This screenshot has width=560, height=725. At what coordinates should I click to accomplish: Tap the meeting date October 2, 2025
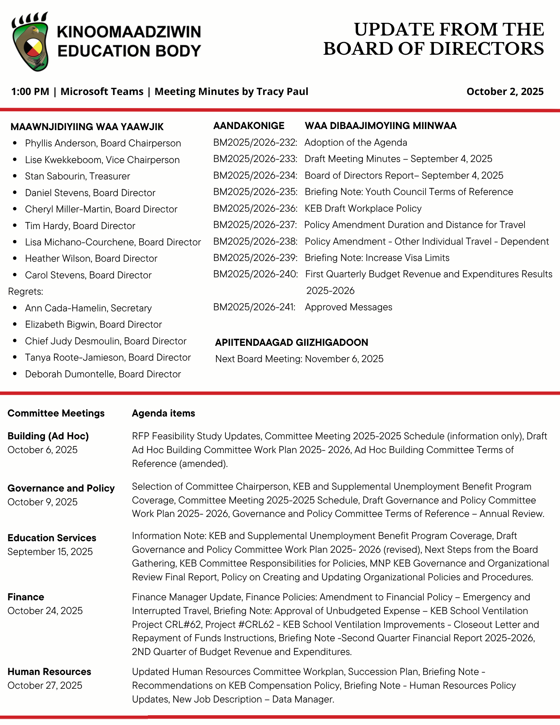(505, 91)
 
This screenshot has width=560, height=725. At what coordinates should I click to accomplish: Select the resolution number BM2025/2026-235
(255, 192)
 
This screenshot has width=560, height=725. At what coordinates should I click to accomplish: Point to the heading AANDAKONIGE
(249, 126)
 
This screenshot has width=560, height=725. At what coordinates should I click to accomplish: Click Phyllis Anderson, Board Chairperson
(103, 143)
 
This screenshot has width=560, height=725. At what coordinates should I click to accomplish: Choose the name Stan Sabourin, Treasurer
(77, 176)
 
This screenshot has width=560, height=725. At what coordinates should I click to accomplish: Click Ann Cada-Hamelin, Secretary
(88, 308)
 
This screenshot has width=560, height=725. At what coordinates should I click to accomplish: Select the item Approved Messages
(348, 307)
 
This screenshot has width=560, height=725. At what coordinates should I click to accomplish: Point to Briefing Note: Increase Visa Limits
(377, 258)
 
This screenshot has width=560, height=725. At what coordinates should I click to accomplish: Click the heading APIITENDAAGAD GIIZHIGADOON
(291, 342)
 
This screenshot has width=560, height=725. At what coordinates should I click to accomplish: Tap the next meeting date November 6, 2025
(344, 359)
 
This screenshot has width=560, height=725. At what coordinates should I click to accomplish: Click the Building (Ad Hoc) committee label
(48, 436)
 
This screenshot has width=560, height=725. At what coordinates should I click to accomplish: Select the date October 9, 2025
(42, 502)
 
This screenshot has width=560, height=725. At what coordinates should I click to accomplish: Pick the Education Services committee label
(52, 538)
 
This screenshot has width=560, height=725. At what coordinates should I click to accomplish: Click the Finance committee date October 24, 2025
(45, 611)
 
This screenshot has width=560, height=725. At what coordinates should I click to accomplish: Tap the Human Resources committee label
(49, 672)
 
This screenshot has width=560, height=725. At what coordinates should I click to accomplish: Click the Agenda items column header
(163, 413)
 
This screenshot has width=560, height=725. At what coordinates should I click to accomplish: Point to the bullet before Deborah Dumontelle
(15, 374)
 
